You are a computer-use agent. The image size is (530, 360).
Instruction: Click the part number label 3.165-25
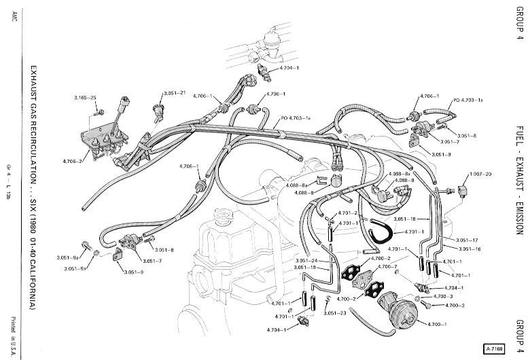(85, 98)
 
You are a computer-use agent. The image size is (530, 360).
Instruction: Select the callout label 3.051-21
(175, 93)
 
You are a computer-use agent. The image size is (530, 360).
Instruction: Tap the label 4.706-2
(72, 161)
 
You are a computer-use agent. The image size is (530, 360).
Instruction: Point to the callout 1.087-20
(480, 174)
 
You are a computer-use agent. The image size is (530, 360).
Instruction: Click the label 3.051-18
(404, 219)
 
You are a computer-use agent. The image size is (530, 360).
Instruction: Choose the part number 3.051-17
(467, 240)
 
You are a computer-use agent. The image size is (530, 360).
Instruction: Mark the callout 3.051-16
(470, 249)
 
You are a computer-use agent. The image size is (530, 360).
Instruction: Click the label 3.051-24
(306, 261)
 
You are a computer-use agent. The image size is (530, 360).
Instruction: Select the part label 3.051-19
(304, 268)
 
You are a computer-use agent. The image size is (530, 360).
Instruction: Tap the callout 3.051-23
(334, 313)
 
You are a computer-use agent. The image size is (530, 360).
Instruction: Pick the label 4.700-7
(387, 267)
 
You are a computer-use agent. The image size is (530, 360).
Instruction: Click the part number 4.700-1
(437, 324)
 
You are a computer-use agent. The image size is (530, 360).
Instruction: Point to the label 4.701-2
(348, 213)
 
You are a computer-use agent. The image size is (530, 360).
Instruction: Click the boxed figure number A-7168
(495, 348)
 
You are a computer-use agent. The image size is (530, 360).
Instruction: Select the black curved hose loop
(381, 232)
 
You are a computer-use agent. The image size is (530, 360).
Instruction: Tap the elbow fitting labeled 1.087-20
(462, 191)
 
